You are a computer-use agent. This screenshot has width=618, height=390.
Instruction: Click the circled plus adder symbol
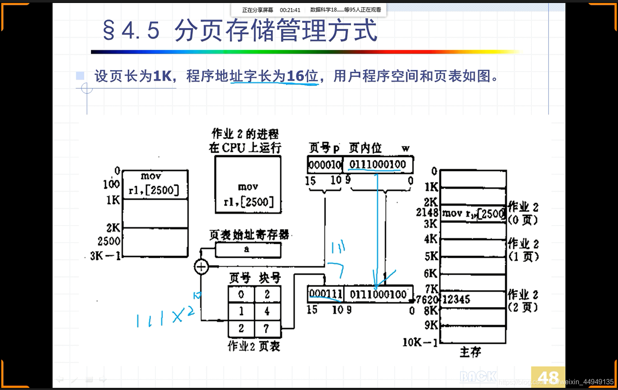tap(201, 267)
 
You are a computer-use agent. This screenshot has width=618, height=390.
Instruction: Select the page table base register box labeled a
tap(248, 250)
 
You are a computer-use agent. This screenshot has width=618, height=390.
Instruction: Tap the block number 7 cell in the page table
tap(267, 328)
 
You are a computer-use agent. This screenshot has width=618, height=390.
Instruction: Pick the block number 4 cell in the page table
tap(267, 311)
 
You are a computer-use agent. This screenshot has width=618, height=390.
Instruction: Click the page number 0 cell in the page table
tap(241, 294)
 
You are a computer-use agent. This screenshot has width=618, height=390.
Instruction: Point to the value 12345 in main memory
tap(456, 299)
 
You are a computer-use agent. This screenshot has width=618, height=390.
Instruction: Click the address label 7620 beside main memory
tap(427, 300)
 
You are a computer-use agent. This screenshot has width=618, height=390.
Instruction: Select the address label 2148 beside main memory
tap(427, 212)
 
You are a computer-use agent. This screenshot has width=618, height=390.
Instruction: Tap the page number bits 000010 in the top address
tap(325, 165)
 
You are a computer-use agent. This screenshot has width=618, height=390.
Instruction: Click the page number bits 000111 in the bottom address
tap(326, 294)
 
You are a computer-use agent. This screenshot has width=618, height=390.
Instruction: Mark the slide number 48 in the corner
tap(548, 377)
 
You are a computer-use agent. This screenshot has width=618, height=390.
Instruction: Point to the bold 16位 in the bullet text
tap(302, 76)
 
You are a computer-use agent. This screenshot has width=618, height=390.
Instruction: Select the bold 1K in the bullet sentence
tap(162, 76)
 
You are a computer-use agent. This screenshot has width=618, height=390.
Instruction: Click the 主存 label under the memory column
tap(470, 352)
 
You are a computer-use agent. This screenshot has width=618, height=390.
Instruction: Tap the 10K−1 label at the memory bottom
tap(420, 342)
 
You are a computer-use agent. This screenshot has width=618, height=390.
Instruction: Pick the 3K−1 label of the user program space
tap(105, 256)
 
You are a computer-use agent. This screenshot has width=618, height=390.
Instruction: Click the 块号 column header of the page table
tap(269, 278)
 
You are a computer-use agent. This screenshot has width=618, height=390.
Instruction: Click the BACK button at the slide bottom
tap(478, 376)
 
